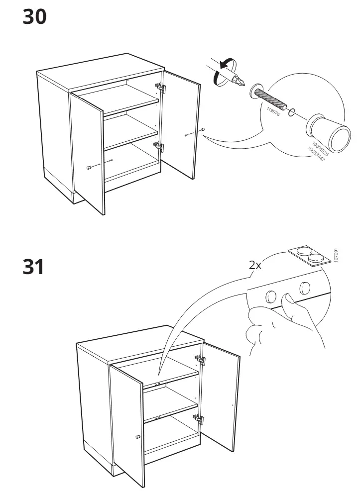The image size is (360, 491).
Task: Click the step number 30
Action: pyautogui.click(x=34, y=17)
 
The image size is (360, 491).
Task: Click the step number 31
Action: pyautogui.click(x=33, y=267)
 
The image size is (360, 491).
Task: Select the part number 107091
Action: pyautogui.click(x=336, y=255)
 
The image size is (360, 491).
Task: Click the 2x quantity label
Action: pyautogui.click(x=255, y=265)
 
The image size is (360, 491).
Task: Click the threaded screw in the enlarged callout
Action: pyautogui.click(x=271, y=99)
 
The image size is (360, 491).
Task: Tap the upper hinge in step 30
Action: pyautogui.click(x=161, y=88)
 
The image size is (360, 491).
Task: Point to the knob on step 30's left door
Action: pyautogui.click(x=89, y=168)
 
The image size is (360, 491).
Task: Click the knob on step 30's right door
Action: pyautogui.click(x=202, y=130)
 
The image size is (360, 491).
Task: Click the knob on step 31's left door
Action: pyautogui.click(x=138, y=436)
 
